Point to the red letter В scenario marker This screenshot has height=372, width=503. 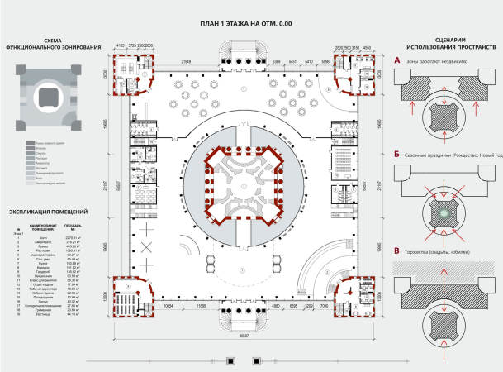coord(396,251)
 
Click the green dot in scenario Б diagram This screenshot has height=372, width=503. coord(444,213)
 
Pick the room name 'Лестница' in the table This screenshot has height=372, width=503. coord(40,314)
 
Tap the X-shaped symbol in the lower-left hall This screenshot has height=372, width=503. coord(147,248)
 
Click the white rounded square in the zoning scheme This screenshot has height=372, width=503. coord(46,97)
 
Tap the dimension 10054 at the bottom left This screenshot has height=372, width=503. coord(168,306)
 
